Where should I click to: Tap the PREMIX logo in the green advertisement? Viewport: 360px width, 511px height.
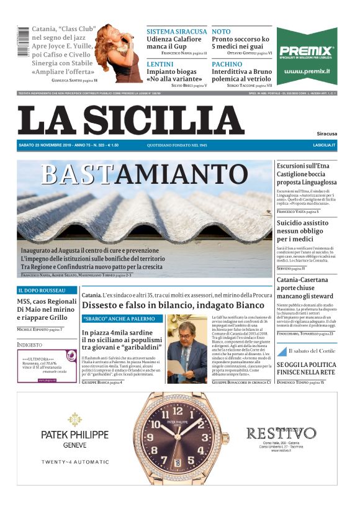pyautogui.click(x=307, y=52)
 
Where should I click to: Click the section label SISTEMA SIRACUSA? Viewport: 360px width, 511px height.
pyautogui.click(x=176, y=31)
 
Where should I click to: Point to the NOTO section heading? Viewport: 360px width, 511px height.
pyautogui.click(x=220, y=31)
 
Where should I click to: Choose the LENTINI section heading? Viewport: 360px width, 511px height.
pyautogui.click(x=160, y=64)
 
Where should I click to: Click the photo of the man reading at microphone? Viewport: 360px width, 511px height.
pyautogui.click(x=187, y=348)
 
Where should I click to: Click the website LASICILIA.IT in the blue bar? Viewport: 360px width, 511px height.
pyautogui.click(x=324, y=145)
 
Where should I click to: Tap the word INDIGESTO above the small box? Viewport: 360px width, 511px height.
pyautogui.click(x=30, y=344)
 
